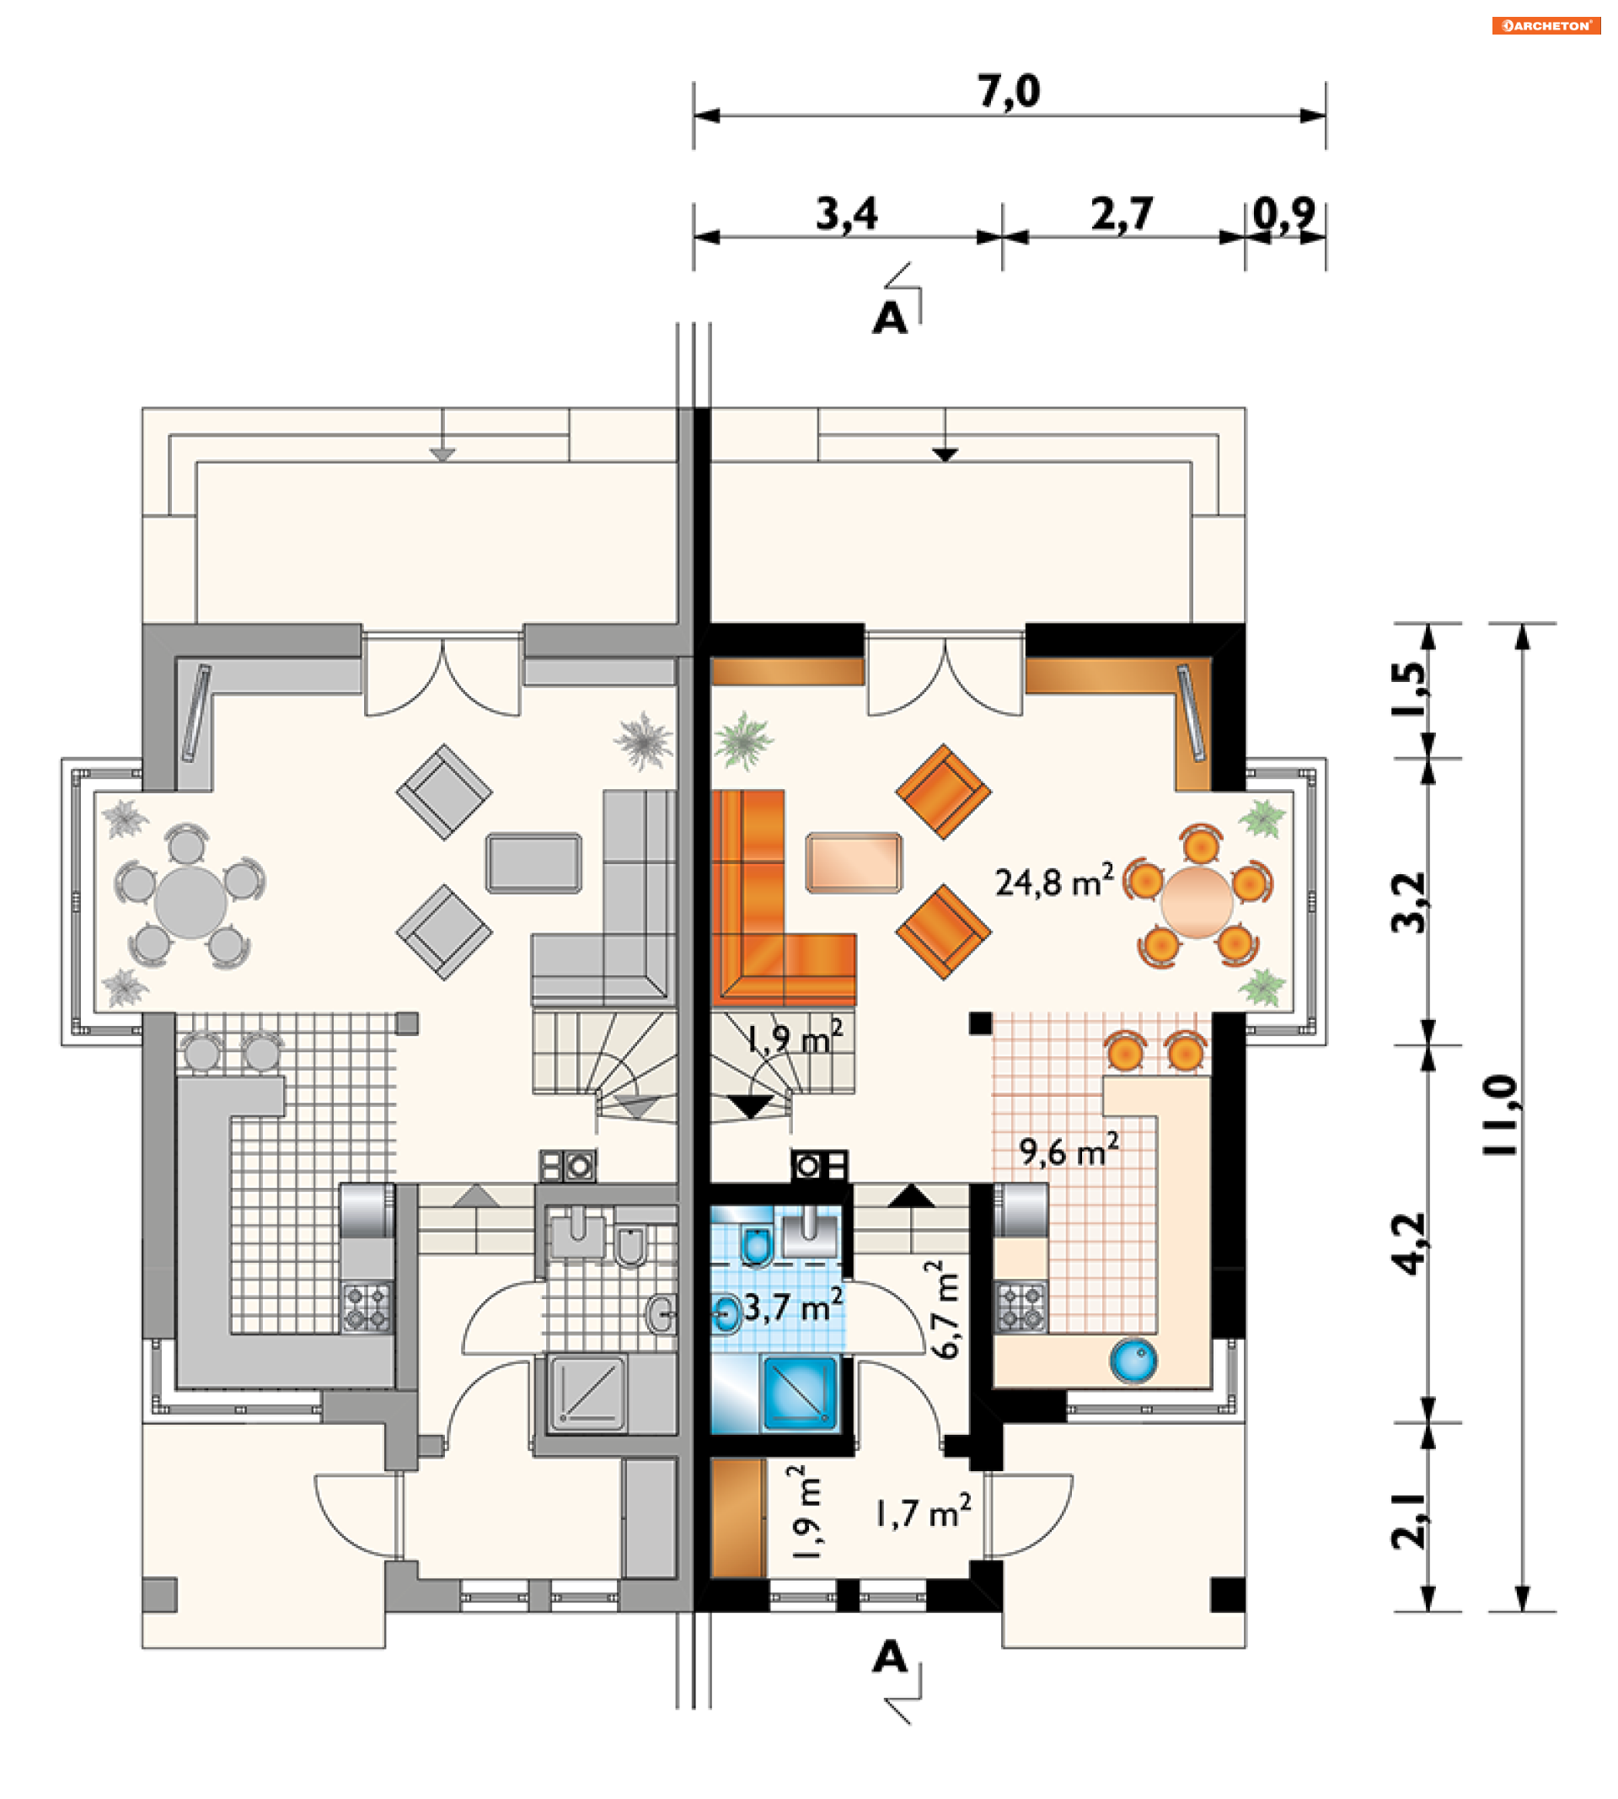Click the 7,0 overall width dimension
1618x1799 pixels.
pos(1008,91)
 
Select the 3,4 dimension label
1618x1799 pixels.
pos(847,213)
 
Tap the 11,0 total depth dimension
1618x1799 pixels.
pos(1503,1115)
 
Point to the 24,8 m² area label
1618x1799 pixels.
pos(1053,881)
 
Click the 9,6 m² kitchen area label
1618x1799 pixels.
pos(1069,1151)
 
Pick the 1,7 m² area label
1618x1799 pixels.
pos(923,1512)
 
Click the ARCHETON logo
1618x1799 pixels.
pos(1546,25)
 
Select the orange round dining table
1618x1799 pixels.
pos(1197,902)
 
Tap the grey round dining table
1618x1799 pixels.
pos(190,903)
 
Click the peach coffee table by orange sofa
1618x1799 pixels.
pos(854,862)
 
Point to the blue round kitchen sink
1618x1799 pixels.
pos(1133,1360)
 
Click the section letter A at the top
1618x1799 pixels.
pos(890,318)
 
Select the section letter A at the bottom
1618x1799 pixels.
pos(890,1657)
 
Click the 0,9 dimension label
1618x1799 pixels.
pos(1283,213)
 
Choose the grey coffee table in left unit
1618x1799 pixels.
pos(533,862)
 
